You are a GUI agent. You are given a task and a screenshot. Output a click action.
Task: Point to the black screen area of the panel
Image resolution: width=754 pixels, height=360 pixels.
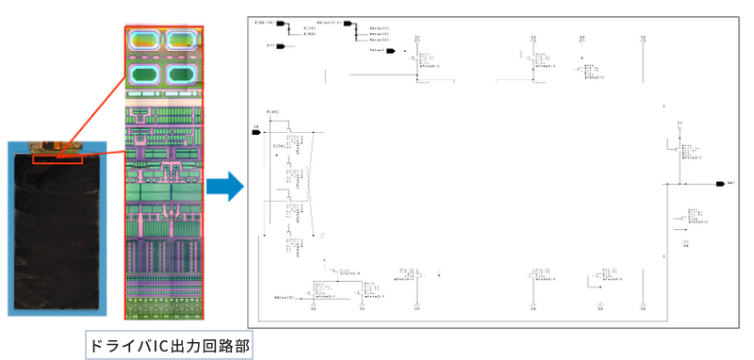56,236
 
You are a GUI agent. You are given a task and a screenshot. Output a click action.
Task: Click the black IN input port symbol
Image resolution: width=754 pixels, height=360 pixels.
255,133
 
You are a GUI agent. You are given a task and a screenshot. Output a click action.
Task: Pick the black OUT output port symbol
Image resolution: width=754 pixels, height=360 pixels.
719,183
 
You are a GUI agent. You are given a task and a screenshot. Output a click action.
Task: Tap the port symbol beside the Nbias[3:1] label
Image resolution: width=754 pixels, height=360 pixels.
346,22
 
